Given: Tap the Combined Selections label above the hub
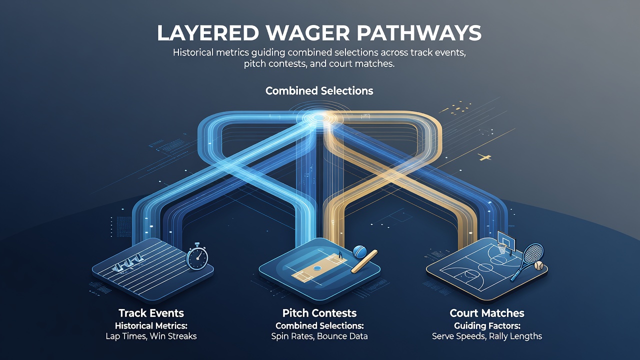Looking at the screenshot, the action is [x=319, y=91].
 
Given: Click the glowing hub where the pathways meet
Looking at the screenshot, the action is [x=317, y=117].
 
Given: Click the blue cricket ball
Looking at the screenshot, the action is [x=359, y=251].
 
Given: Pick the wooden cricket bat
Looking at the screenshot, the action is [x=364, y=261].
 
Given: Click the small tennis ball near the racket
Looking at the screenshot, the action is [x=539, y=265].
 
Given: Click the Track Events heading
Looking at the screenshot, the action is [x=151, y=313].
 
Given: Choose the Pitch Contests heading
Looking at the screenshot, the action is [x=319, y=313].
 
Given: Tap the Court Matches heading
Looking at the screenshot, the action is [x=487, y=313].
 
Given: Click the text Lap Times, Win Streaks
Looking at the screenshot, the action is [x=151, y=336].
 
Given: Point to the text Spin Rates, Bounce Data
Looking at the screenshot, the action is [x=319, y=336].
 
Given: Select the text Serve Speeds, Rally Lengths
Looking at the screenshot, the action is [x=487, y=336].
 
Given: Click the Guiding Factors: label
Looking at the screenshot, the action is [x=487, y=325].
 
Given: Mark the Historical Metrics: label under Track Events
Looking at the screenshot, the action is [x=151, y=325].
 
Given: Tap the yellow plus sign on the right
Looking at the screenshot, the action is [x=484, y=157].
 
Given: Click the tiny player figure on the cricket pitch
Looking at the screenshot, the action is [x=340, y=254].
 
